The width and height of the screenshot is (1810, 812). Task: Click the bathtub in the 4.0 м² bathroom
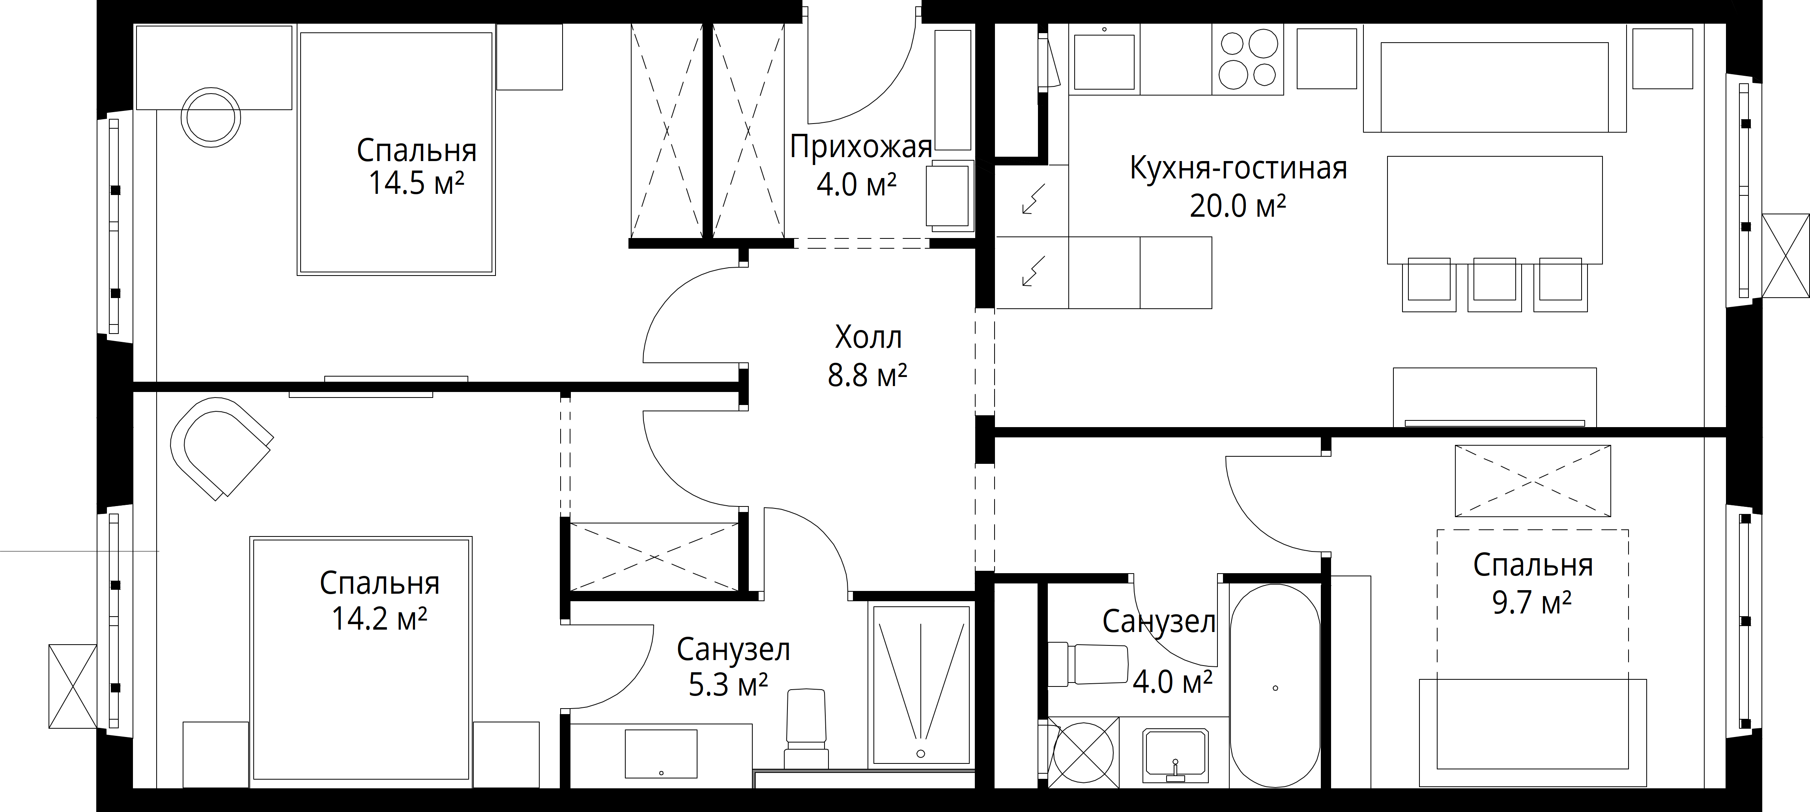pyautogui.click(x=1275, y=688)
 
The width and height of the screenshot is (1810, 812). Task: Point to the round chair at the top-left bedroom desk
pyautogui.click(x=211, y=117)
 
